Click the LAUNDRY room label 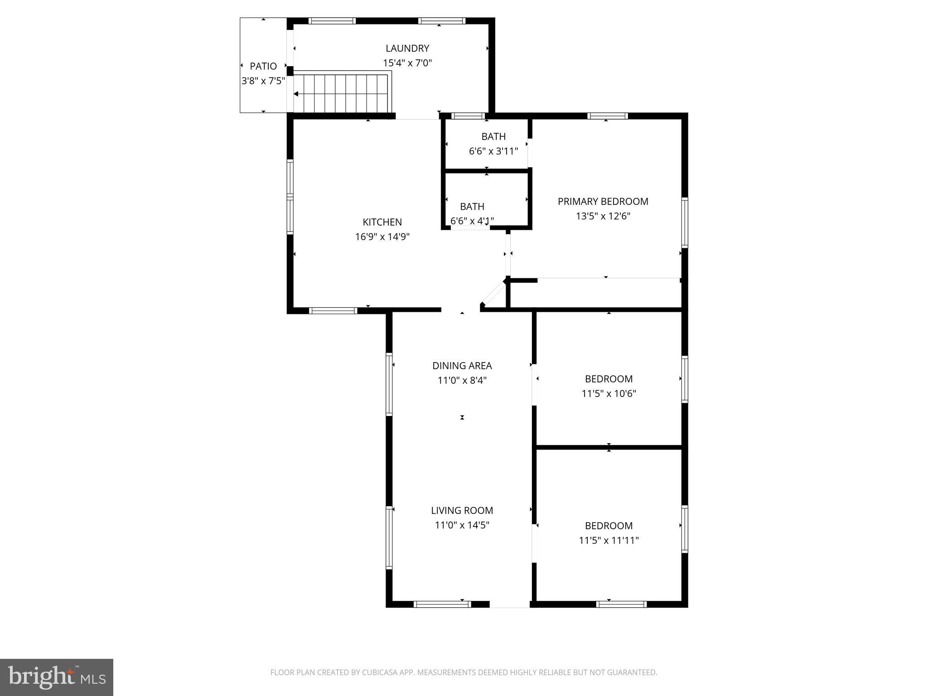coord(407,48)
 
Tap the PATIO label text coord(263,66)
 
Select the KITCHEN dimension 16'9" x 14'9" coord(382,237)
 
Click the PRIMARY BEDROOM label coord(603,201)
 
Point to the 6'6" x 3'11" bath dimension coord(493,151)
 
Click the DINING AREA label coord(462,365)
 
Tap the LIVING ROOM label coord(462,510)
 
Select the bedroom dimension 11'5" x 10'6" coord(609,393)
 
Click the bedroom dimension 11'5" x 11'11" coord(609,540)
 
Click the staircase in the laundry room coord(342,94)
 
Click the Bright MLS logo coord(56,677)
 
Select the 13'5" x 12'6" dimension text coord(603,216)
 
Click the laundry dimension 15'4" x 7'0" coord(407,63)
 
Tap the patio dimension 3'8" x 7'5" coord(263,81)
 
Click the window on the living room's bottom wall coord(442,604)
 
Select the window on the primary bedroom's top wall coord(607,116)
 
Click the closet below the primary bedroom coord(596,295)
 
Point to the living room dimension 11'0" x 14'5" coord(462,525)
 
